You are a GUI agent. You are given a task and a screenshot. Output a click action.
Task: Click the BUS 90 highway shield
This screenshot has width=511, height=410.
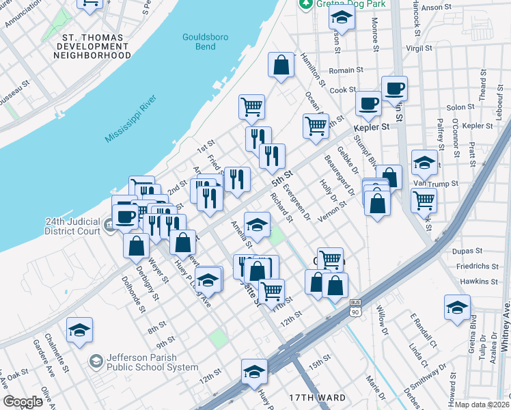click(355, 310)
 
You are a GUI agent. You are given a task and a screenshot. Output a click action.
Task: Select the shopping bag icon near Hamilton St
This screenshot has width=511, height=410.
click(281, 66)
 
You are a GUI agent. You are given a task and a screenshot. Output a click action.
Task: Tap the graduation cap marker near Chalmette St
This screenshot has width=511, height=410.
click(79, 330)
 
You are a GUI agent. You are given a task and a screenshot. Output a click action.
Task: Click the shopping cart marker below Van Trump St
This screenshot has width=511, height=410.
click(424, 200)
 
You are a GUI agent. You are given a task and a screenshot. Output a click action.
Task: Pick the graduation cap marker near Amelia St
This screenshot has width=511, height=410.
click(257, 223)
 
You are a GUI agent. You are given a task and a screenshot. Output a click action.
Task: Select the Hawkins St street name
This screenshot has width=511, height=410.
click(479, 282)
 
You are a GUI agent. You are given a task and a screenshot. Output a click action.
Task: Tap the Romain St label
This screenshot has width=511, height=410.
click(346, 70)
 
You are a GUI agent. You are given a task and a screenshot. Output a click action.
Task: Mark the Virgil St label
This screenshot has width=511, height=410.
click(419, 49)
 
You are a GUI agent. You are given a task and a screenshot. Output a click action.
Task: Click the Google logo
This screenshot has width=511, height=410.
click(23, 401)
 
